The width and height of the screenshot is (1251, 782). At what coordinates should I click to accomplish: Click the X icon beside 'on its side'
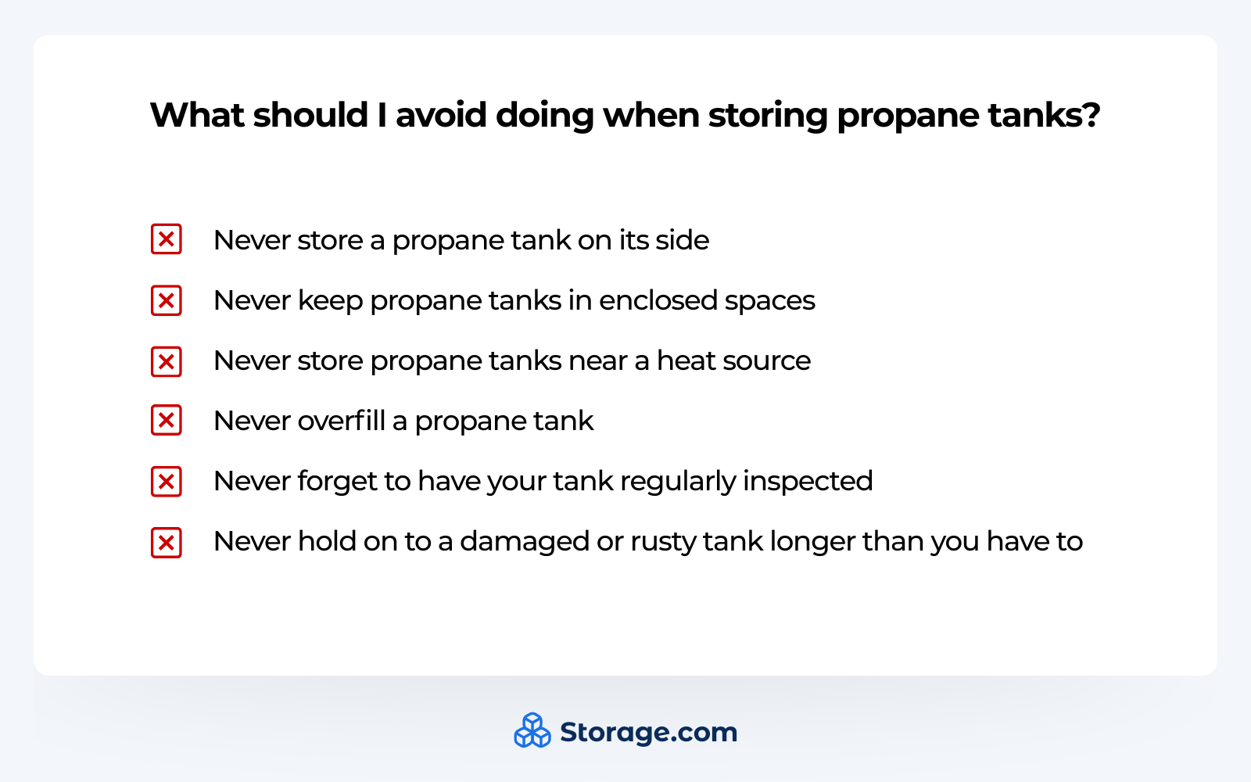(167, 239)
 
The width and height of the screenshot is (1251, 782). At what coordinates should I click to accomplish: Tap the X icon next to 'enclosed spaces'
(167, 300)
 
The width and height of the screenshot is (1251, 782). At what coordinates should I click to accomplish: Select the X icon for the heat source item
(167, 361)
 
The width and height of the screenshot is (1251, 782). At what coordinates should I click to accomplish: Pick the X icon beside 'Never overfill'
(167, 421)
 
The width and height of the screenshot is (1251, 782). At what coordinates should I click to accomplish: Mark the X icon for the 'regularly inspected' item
(167, 482)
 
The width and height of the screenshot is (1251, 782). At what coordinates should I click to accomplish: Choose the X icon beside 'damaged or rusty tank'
(167, 542)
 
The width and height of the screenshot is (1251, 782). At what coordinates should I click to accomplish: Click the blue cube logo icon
(532, 731)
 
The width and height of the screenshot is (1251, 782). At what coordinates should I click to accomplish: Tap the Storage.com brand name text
(648, 733)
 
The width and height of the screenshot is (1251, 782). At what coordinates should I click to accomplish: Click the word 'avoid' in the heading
(440, 115)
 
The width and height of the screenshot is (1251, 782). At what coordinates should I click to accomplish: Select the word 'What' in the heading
(197, 115)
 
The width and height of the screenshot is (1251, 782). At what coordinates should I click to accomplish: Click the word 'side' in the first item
(682, 240)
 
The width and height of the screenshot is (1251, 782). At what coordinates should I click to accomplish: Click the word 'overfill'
(342, 421)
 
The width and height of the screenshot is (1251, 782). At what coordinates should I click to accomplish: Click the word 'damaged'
(524, 542)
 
